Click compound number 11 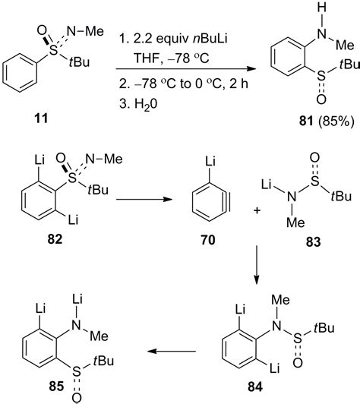click(x=41, y=119)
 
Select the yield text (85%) click(x=336, y=121)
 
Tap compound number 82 click(x=55, y=240)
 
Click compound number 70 click(x=208, y=240)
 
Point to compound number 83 click(x=314, y=242)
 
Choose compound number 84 click(x=255, y=387)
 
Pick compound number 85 click(x=56, y=387)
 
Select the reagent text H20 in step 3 click(x=146, y=104)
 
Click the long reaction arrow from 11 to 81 click(x=185, y=69)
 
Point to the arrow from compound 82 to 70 click(x=144, y=200)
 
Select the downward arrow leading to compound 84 click(x=257, y=265)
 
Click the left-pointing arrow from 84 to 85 click(x=172, y=351)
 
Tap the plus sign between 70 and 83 click(x=257, y=211)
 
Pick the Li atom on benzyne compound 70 click(x=210, y=162)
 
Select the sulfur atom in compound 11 click(x=53, y=51)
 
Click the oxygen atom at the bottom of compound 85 click(x=77, y=399)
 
